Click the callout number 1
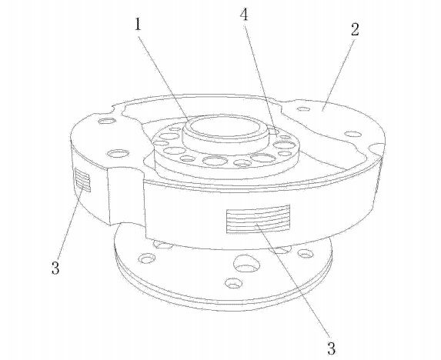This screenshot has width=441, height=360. [x=137, y=25]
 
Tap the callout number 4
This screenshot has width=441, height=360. [x=245, y=15]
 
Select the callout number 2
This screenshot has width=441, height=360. [x=355, y=29]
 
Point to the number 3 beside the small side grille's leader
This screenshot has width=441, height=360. [x=55, y=268]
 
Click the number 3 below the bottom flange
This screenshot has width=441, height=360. [x=332, y=348]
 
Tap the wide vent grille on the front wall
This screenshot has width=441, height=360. [x=258, y=219]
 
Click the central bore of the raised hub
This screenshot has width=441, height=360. [x=225, y=126]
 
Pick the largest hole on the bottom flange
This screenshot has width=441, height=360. [x=246, y=264]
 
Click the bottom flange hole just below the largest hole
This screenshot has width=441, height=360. [x=233, y=283]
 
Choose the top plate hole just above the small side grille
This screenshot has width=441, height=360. [x=119, y=154]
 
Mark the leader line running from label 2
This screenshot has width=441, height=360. [x=339, y=75]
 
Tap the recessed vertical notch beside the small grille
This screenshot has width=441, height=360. [x=125, y=195]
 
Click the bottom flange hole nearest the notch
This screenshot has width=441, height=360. [x=147, y=258]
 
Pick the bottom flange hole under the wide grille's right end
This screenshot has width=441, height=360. [x=306, y=254]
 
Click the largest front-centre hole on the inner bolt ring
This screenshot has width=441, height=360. [x=215, y=161]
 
